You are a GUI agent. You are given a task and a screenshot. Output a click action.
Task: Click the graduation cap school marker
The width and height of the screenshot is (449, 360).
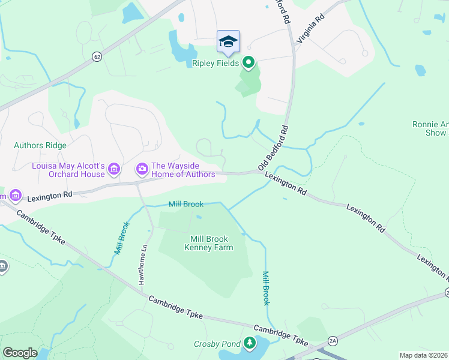(228, 41)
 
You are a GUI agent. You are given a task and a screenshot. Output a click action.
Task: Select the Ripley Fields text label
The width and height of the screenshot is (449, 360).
(215, 63)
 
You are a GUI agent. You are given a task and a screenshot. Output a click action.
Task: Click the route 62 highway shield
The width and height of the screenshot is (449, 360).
(97, 57)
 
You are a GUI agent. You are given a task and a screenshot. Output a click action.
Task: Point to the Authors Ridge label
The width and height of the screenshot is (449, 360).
(40, 145)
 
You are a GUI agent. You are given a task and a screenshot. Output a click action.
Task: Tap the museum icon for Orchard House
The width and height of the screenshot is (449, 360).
(114, 170)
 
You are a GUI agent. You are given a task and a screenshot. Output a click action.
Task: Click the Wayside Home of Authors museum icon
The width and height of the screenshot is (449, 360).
(142, 169)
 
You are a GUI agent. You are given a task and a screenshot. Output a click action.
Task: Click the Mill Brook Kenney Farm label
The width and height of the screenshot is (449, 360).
(208, 242)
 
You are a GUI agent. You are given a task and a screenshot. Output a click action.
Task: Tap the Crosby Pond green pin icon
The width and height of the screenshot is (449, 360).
(249, 343)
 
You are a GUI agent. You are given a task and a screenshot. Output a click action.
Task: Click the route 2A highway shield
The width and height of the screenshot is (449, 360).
(333, 341)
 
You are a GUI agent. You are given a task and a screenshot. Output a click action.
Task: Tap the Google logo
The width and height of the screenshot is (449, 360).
(20, 353)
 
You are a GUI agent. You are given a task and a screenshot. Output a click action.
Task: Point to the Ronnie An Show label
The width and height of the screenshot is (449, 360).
(430, 128)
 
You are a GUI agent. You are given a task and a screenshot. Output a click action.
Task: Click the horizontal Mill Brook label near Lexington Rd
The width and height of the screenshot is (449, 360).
(185, 205)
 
